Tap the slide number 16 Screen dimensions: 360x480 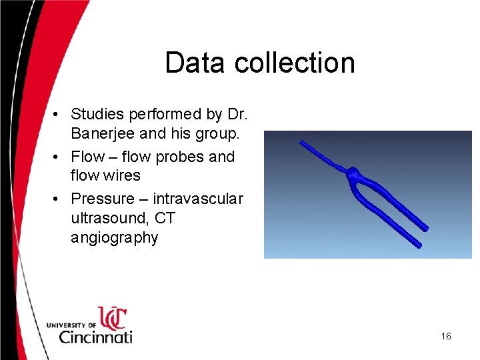[x=446, y=336]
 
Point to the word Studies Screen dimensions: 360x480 [x=97, y=115]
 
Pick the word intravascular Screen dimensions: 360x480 [x=198, y=199]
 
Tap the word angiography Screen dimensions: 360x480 [x=114, y=238]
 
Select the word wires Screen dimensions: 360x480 [x=122, y=175]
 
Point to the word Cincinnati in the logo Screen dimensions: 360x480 [x=95, y=336]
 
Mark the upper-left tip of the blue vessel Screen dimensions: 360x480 [x=302, y=142]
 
